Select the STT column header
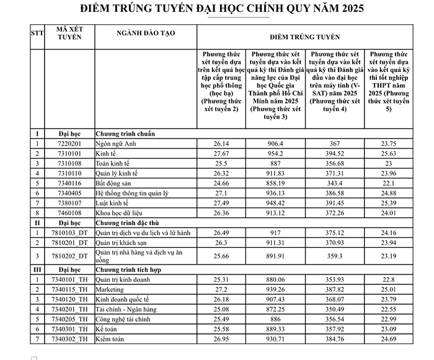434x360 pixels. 36,33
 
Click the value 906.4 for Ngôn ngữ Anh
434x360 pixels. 276,143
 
